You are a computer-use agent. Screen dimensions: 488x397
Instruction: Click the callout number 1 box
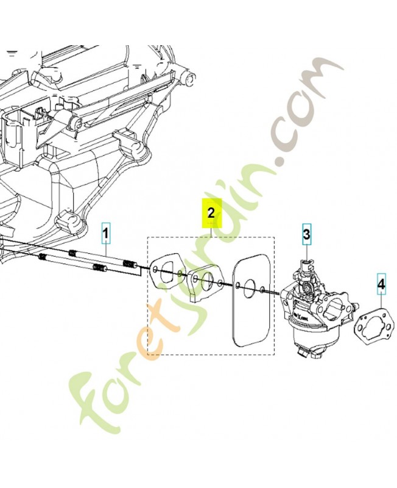point(105,233)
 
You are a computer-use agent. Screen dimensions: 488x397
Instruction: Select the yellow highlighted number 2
point(211,213)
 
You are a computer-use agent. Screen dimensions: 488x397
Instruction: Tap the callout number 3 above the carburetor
point(306,234)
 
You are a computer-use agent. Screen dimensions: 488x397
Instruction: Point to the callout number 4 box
point(381,284)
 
